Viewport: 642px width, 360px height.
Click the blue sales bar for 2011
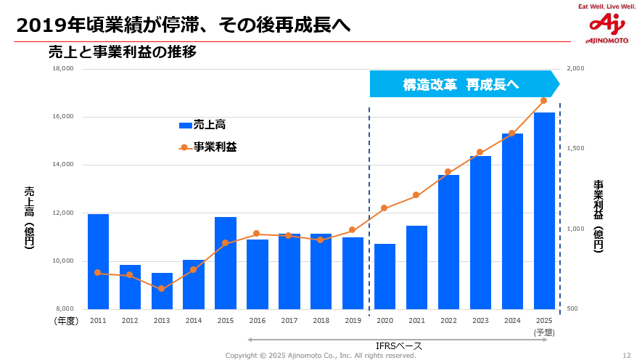coord(98,261)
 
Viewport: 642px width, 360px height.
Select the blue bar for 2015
coord(226,263)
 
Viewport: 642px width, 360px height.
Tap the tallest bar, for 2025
coord(544,210)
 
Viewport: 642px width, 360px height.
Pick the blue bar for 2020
coord(384,277)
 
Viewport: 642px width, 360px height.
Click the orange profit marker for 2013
coord(162,289)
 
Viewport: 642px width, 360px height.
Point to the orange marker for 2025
coord(543,100)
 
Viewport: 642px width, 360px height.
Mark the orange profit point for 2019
coord(353,230)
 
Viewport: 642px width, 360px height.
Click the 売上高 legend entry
coord(202,125)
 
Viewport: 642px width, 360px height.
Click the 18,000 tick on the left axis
coord(63,69)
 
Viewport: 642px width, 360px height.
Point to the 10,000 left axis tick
coord(63,261)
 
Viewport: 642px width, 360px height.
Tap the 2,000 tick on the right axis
coord(575,69)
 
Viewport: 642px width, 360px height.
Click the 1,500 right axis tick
coord(575,149)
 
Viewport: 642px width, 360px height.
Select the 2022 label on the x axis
coord(448,320)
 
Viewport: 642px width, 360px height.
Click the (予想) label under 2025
coord(544,332)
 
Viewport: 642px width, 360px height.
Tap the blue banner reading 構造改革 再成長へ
coord(461,84)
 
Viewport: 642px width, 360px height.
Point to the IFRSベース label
coord(399,346)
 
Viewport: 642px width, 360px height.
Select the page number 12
coord(627,356)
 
